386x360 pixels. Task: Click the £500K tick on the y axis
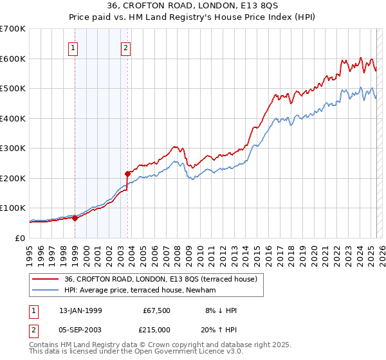(x=12, y=88)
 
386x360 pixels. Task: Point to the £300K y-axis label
(x=12, y=148)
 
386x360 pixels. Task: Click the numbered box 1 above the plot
(x=73, y=47)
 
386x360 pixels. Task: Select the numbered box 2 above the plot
(x=125, y=47)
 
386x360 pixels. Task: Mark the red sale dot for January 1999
(x=75, y=218)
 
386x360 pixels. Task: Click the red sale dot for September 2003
(x=128, y=174)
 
